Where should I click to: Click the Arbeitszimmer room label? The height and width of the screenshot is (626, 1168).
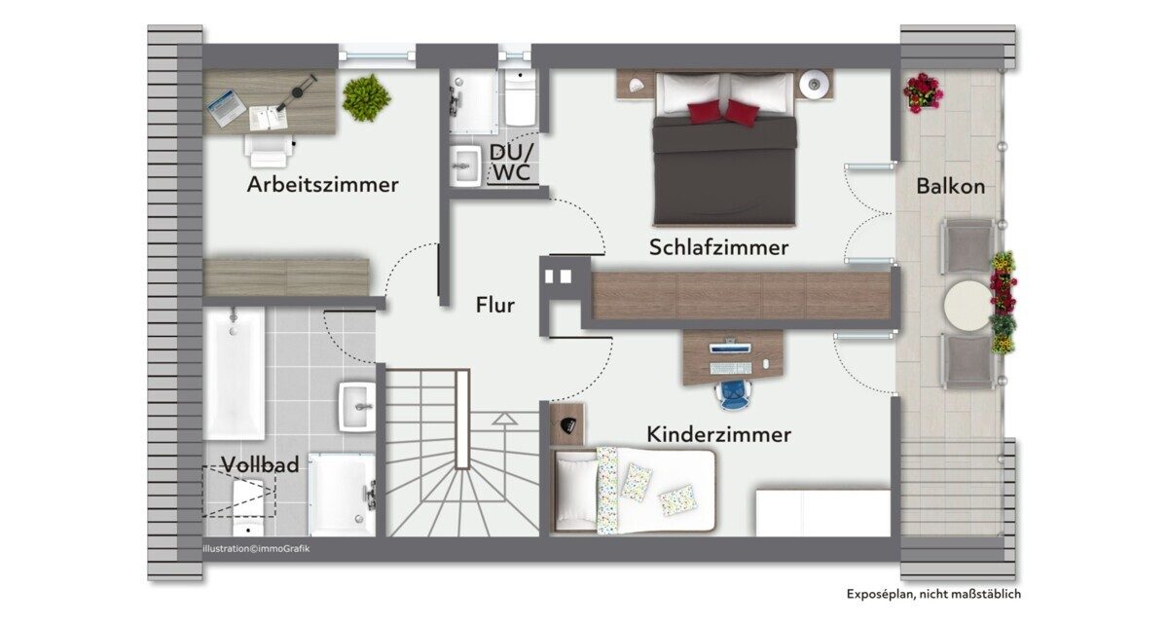(x=323, y=185)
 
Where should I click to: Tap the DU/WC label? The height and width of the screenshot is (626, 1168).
(x=512, y=163)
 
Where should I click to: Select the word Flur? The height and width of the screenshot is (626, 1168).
(x=494, y=305)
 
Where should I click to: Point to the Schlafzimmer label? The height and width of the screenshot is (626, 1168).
(x=718, y=247)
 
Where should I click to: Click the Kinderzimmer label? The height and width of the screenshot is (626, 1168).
(x=718, y=434)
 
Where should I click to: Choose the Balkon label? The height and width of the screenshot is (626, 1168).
(x=951, y=187)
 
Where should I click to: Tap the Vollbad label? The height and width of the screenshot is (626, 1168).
(x=260, y=464)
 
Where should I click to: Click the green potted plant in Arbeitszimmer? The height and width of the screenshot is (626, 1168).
(x=367, y=97)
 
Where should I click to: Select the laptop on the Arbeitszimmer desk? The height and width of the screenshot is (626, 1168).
(x=226, y=108)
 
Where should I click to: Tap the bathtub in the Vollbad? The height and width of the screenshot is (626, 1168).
(x=235, y=374)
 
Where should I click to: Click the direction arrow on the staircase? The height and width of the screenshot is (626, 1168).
(x=505, y=419)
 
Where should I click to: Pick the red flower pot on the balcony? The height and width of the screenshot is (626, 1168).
(x=923, y=92)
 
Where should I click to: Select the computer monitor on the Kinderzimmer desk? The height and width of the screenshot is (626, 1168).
(x=730, y=347)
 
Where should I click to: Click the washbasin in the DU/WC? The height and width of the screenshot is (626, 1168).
(x=465, y=166)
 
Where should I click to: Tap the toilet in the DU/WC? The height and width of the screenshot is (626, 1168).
(x=520, y=98)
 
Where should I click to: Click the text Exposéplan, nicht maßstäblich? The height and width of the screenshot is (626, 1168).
(x=933, y=594)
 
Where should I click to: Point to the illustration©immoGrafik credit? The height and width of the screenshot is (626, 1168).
(x=256, y=549)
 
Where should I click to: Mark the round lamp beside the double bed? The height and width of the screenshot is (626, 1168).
(x=812, y=84)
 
